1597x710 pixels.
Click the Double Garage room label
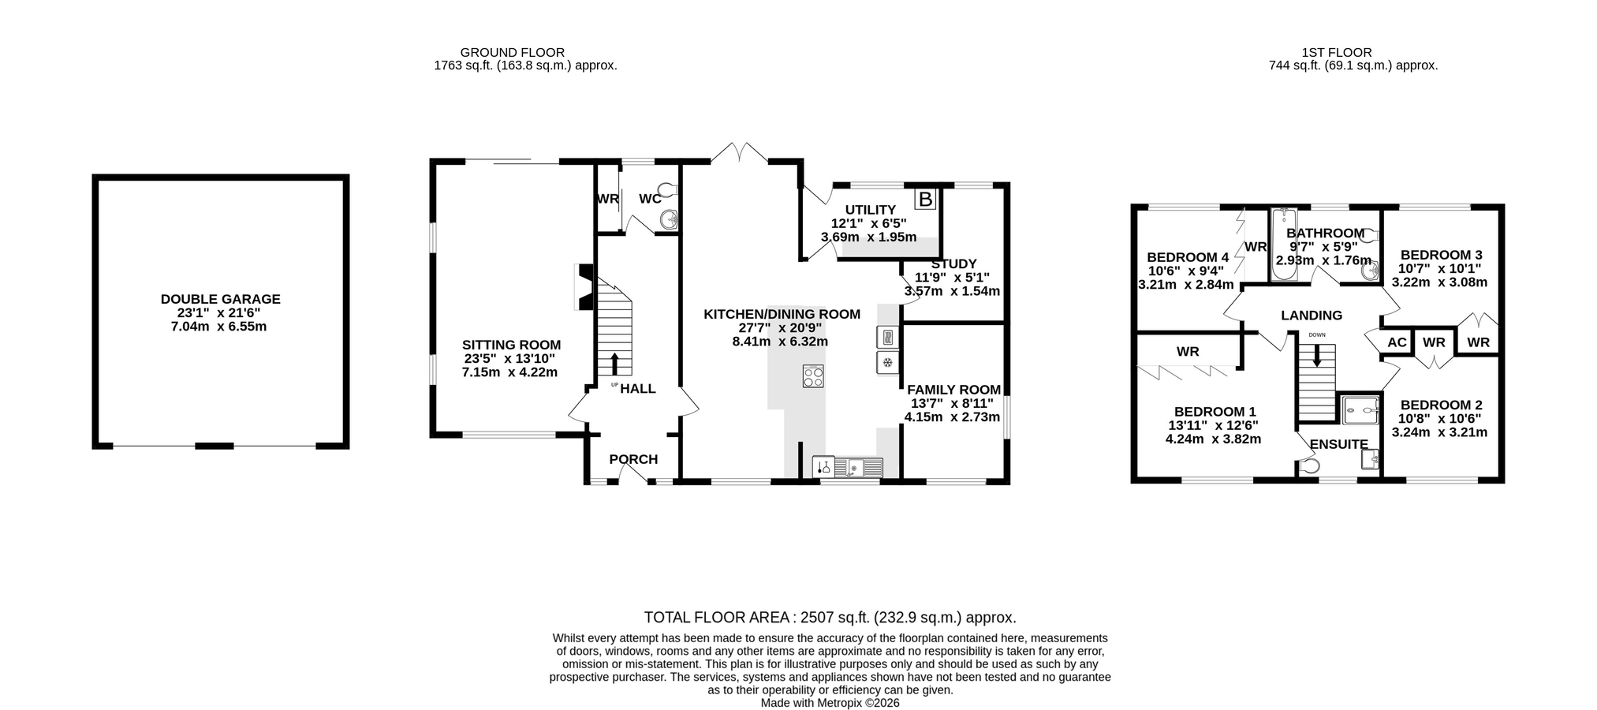[220, 299]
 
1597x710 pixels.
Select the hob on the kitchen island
[813, 376]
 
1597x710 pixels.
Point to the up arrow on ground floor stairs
[615, 364]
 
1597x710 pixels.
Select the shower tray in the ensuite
[1360, 410]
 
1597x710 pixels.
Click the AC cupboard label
[1397, 342]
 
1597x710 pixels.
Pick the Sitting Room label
[511, 345]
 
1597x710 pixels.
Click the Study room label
[953, 263]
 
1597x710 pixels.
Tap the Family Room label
[953, 390]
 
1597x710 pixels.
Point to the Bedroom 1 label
[1215, 412]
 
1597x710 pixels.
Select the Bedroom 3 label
[1441, 255]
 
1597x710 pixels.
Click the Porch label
[633, 459]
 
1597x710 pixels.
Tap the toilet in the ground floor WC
[668, 190]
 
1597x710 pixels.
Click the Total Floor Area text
[830, 618]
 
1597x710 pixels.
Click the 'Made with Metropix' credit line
[830, 702]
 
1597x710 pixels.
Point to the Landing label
[1312, 316]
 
